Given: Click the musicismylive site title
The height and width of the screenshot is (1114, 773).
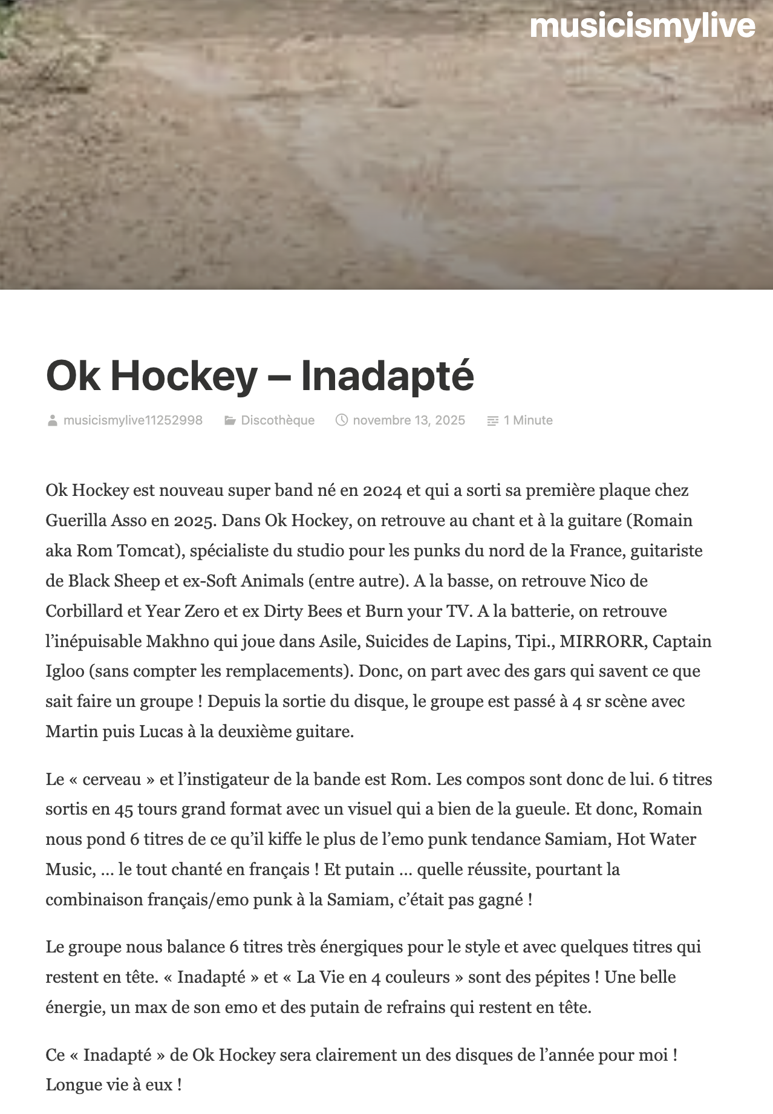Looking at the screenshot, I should point(642,27).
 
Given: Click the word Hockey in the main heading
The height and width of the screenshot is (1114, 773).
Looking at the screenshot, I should point(184,376).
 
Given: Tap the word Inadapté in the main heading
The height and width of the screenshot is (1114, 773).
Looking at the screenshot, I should point(387,376).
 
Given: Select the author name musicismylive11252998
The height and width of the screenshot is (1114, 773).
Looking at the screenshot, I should point(132,420).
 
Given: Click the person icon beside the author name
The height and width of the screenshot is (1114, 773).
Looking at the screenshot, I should point(53,420).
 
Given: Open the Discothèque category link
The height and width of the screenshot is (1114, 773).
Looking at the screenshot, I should point(278,420).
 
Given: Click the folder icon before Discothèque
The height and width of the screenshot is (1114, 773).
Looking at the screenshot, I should point(230,420).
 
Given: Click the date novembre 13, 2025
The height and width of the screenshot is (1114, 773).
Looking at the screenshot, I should point(409,420).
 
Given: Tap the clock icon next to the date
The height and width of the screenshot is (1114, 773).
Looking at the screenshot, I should point(342,420).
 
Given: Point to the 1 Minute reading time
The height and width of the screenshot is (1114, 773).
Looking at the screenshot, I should point(528,420).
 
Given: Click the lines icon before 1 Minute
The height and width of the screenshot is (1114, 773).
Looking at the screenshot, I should point(493,420).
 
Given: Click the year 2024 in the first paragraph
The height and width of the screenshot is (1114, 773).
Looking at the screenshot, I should point(382,490).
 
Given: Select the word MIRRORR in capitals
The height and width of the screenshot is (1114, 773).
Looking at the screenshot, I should point(602,641).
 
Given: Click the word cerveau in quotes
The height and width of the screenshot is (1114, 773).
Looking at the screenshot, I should point(112,780).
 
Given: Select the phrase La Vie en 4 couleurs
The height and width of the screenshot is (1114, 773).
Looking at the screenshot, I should point(373,977).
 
